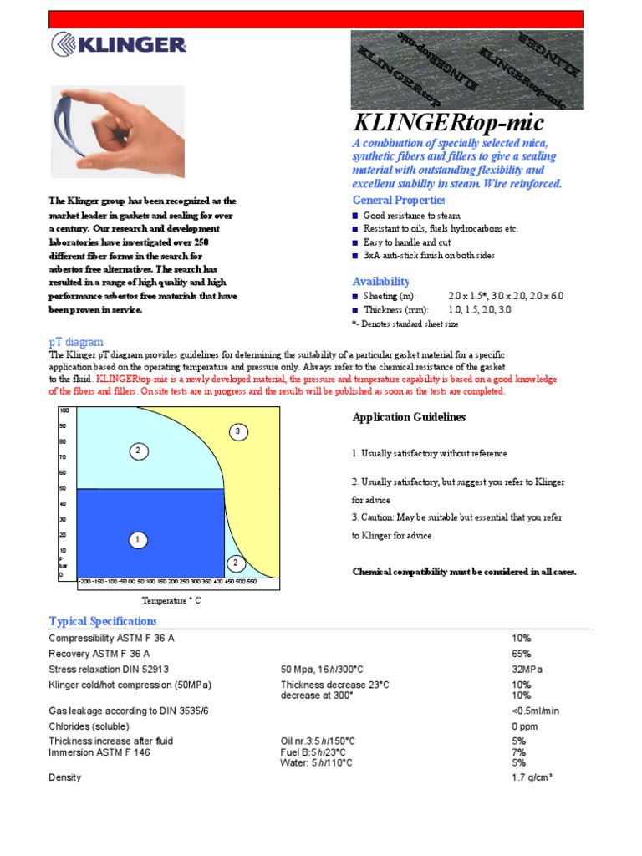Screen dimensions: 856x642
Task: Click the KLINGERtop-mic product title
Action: (x=449, y=123)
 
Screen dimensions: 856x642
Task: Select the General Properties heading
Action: (x=399, y=201)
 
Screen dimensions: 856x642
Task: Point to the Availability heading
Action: (x=380, y=282)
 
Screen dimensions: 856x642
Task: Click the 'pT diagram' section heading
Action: (x=76, y=342)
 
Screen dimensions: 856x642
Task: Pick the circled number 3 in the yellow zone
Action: (x=238, y=431)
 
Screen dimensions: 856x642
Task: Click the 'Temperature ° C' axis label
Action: (x=171, y=600)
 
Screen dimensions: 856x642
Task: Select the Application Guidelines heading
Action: (x=409, y=417)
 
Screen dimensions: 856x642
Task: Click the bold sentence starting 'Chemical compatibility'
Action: (x=464, y=572)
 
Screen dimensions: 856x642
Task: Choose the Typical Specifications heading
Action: (x=103, y=621)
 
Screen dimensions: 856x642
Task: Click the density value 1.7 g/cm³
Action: (x=532, y=778)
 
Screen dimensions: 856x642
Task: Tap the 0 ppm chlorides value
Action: (x=524, y=726)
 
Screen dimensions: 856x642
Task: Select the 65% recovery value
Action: (x=521, y=654)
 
